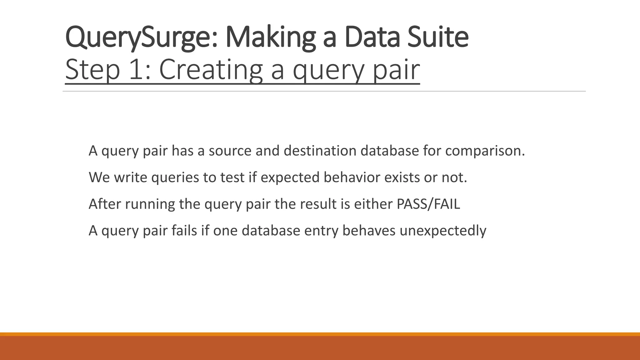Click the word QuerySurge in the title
[x=141, y=38]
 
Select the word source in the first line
[x=230, y=151]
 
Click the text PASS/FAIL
[x=428, y=204]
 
